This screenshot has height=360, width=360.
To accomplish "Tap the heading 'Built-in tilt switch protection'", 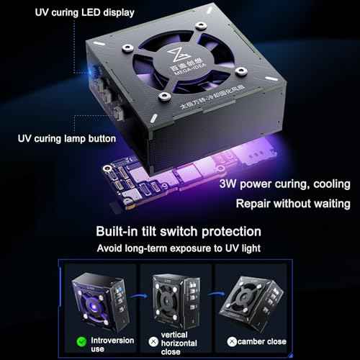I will [x=180, y=232].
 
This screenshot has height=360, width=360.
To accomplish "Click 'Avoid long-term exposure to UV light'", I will [x=180, y=248].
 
